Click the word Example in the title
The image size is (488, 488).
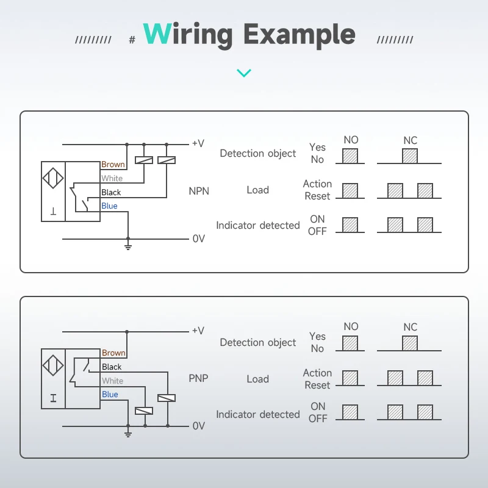pos(300,35)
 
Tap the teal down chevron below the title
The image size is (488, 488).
pos(244,73)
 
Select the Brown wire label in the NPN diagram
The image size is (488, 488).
pos(113,164)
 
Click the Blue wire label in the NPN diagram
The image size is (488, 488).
pos(109,206)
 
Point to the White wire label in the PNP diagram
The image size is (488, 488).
pos(112,381)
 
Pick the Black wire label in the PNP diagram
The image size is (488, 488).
pos(112,367)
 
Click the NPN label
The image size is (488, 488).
pos(199,191)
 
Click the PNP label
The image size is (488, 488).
pos(198,378)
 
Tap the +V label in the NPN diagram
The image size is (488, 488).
pos(198,143)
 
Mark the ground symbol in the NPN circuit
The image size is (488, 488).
pos(127,246)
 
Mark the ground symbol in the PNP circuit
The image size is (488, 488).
pos(127,433)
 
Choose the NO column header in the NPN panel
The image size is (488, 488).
pos(351,140)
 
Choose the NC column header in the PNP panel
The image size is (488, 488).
pos(410,328)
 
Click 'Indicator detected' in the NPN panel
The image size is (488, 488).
pos(258,226)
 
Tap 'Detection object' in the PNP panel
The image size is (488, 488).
pos(258,343)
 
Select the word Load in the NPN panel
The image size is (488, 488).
pos(257,190)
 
